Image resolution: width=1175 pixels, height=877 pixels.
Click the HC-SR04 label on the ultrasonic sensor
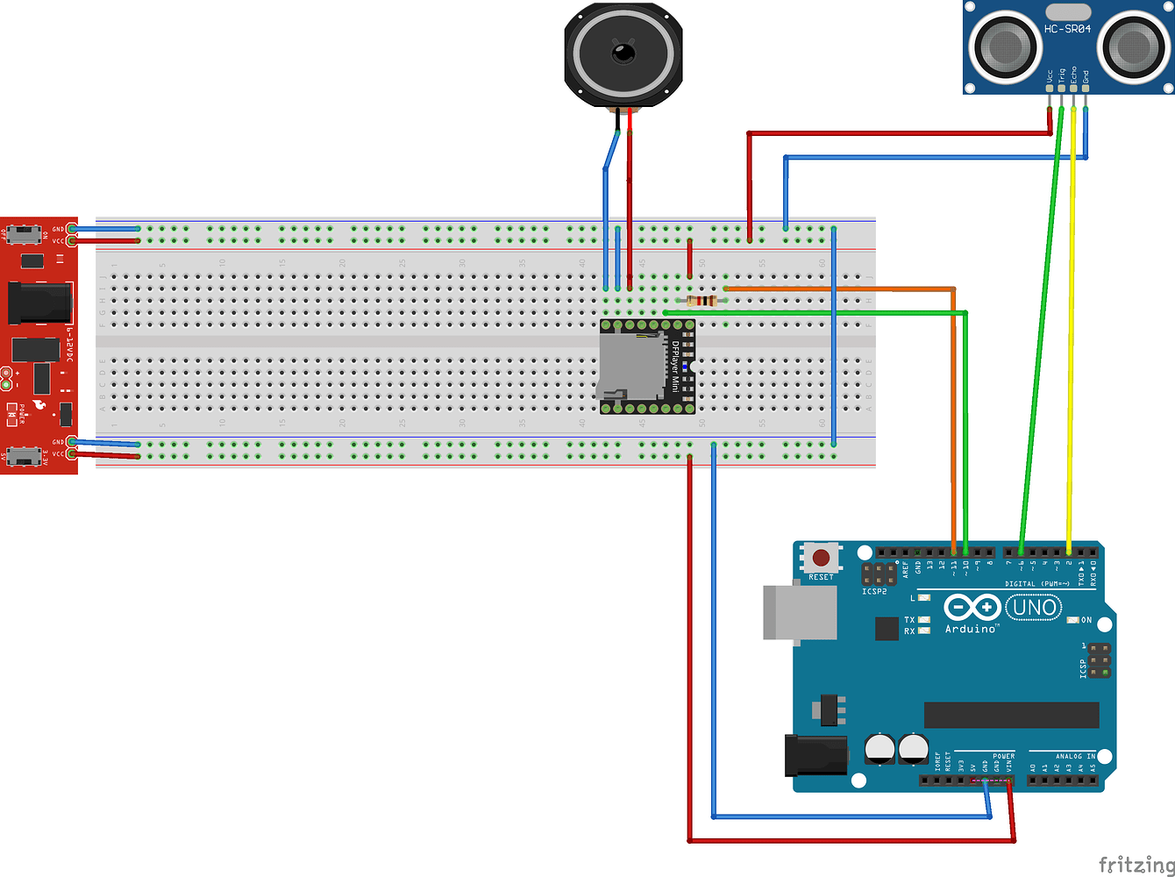point(1067,29)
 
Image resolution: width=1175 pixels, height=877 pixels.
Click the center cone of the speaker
point(623,54)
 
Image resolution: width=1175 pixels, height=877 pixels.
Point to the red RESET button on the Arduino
point(822,557)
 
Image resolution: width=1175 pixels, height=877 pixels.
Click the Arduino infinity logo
point(972,608)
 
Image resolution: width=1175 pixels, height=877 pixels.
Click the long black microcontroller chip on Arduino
point(1011,715)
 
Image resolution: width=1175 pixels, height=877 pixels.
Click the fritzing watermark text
point(1136,865)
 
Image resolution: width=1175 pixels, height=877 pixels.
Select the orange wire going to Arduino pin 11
point(953,421)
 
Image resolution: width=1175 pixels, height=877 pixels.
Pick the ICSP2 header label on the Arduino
point(874,591)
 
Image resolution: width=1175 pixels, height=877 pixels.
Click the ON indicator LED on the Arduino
point(1072,620)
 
